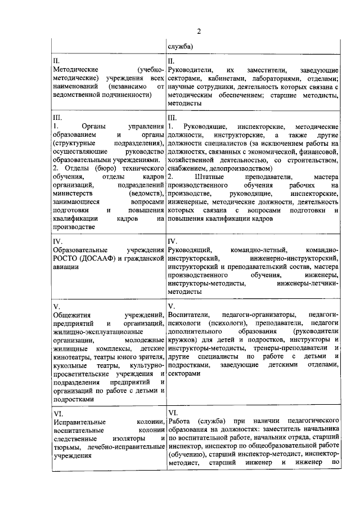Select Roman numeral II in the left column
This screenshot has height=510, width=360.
[55, 60]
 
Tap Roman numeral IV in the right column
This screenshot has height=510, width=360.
[172, 241]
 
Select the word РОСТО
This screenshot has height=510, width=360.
[66, 258]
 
